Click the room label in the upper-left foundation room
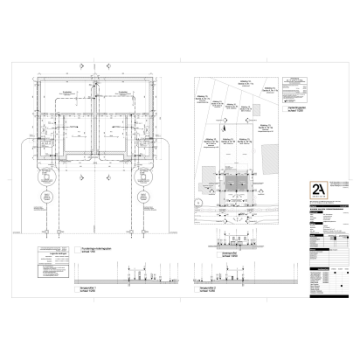(67, 94)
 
